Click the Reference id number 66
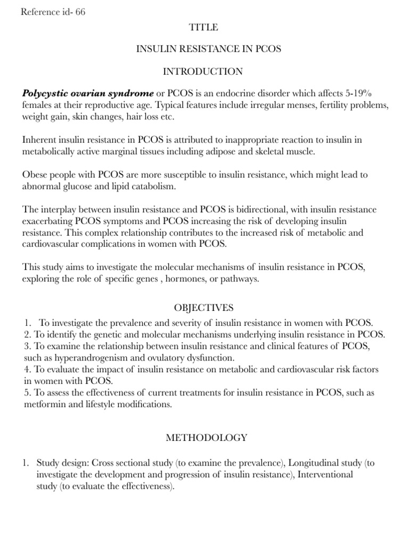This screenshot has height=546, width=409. tap(80, 12)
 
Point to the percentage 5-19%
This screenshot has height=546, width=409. tap(372, 93)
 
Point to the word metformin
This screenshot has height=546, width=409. tap(43, 404)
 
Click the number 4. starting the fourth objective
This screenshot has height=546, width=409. tap(27, 369)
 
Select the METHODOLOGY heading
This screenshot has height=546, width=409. tap(207, 438)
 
